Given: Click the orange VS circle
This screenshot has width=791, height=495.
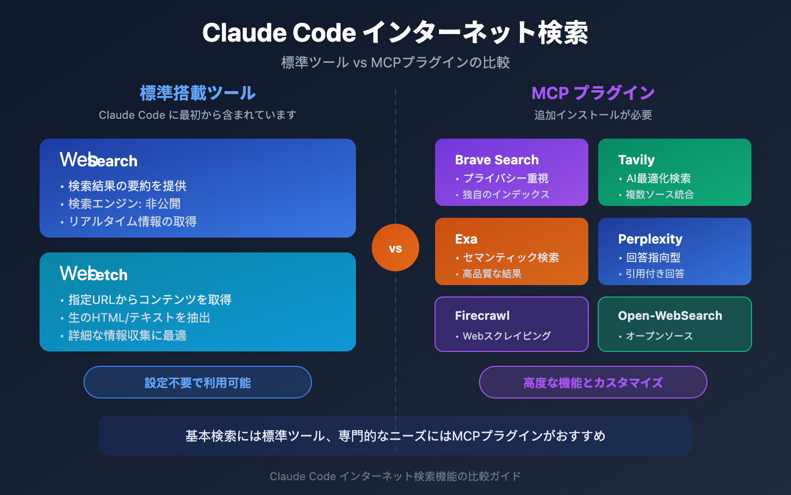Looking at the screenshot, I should pos(395,247).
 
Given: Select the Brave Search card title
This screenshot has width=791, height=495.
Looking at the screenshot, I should pos(496,160).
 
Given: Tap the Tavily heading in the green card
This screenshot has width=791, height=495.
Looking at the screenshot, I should pos(636,160).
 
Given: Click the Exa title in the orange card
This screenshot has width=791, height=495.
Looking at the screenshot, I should pos(466,239).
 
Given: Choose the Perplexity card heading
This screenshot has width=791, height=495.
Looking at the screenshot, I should pos(650,239).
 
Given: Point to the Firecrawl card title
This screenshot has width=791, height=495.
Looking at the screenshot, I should pos(482,316).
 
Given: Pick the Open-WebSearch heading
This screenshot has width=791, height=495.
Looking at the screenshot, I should pos(669,316).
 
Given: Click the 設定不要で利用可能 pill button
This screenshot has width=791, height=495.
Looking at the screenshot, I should pos(198,382).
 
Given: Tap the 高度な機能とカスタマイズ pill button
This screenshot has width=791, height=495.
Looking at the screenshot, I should pos(593,382).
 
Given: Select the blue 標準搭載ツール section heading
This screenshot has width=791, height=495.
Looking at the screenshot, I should pos(198,93).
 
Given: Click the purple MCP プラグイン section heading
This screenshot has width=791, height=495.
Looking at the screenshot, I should pos(593,93).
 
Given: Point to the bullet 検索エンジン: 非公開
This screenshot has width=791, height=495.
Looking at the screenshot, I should pos(124,204).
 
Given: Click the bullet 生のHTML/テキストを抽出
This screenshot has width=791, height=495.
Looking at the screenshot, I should pos(139,318).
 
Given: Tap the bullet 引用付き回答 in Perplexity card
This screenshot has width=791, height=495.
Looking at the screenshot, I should pos(655,274).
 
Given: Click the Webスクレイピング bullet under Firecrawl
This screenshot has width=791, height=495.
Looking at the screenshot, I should pos(506,336).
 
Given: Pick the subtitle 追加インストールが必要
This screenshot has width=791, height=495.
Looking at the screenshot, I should pos(593,115).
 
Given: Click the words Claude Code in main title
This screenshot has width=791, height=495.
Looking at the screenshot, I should pos(279,33).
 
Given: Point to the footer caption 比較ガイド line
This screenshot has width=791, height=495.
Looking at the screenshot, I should pos(395,476).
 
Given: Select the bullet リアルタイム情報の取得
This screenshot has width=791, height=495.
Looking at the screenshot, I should pos(132,222).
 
